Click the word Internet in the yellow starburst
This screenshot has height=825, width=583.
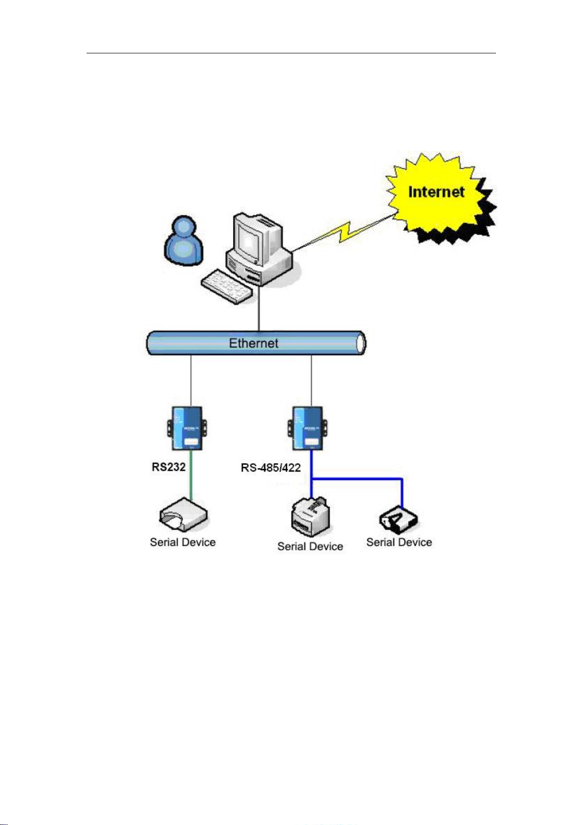(x=436, y=192)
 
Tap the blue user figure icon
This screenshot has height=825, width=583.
(x=183, y=240)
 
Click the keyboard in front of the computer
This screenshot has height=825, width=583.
(x=226, y=287)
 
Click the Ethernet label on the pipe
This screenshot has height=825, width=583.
(x=253, y=343)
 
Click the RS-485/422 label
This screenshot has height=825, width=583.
(x=271, y=468)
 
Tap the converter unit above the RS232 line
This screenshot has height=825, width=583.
(x=187, y=428)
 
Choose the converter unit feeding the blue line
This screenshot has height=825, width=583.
(x=308, y=428)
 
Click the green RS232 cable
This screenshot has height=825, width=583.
(x=191, y=475)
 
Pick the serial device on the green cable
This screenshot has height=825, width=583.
(x=183, y=515)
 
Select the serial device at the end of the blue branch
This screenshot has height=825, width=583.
(x=399, y=519)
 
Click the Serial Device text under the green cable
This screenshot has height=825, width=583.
(x=182, y=542)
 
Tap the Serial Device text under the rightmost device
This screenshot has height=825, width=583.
(x=399, y=542)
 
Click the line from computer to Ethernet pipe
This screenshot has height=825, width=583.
(x=259, y=308)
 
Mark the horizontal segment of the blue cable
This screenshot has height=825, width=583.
(x=357, y=479)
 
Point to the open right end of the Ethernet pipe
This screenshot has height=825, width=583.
(x=361, y=344)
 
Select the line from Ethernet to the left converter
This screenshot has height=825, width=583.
(x=191, y=381)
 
